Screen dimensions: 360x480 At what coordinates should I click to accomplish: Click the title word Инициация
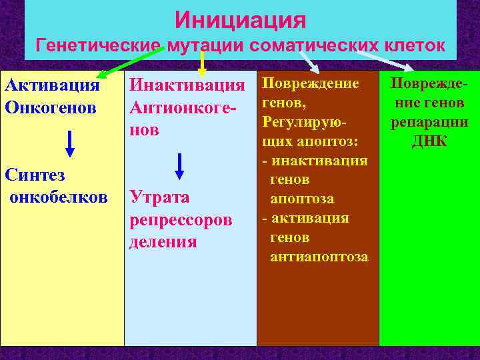pos(240,19)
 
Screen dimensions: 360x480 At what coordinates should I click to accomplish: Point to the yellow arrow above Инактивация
pos(202,63)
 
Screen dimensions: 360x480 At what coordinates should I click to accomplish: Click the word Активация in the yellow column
pos(52,85)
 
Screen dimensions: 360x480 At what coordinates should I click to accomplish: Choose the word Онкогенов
pos(51,107)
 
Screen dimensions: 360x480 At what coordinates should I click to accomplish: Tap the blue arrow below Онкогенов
pos(69,143)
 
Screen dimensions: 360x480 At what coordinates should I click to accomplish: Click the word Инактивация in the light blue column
pos(187,85)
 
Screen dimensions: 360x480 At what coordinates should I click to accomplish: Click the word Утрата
pos(159,197)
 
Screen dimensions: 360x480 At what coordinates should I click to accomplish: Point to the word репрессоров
pos(180,219)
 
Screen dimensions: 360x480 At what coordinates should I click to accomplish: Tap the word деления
pos(163,241)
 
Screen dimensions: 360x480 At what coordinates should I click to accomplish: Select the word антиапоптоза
pos(319,257)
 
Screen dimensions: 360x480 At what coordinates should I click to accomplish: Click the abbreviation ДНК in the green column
pos(429,142)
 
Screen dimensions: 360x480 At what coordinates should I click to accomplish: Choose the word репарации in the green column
pos(429,123)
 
